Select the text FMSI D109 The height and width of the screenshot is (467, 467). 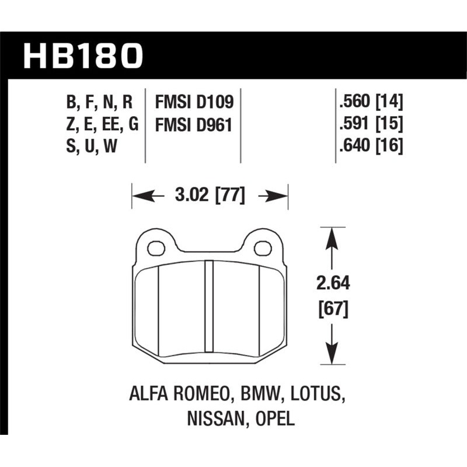pos(194,103)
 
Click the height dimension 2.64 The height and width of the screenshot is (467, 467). pos(332,284)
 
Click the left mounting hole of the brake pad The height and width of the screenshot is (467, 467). pos(156,249)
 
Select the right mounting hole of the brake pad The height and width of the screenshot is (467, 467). pos(263,249)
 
